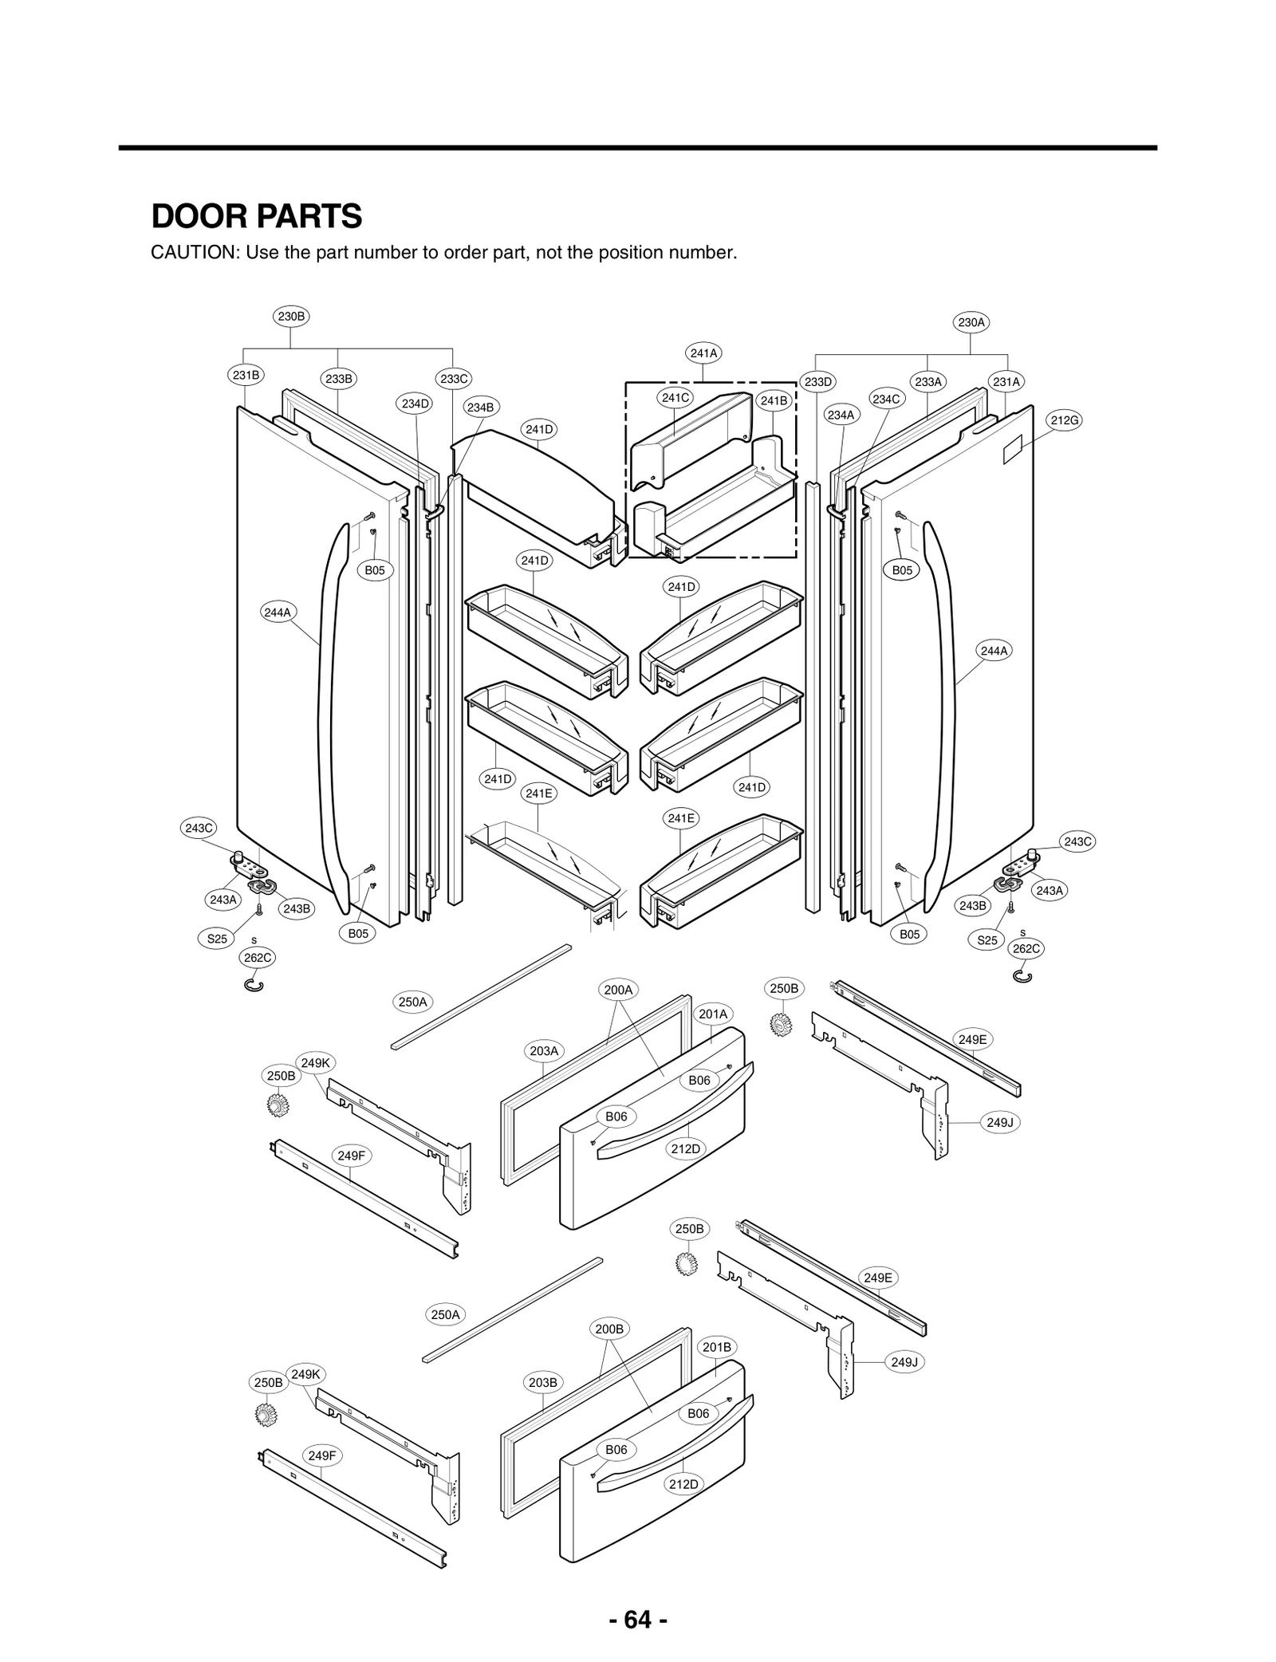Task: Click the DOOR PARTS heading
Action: pyautogui.click(x=256, y=216)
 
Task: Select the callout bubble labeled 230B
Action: pyautogui.click(x=290, y=316)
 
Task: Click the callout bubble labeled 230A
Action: pyautogui.click(x=971, y=322)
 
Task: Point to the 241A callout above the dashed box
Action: pyautogui.click(x=703, y=352)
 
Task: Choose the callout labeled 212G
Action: pyautogui.click(x=1065, y=420)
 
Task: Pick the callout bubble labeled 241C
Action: pyautogui.click(x=675, y=397)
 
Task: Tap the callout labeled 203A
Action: pyautogui.click(x=544, y=1051)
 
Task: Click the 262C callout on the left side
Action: pyautogui.click(x=257, y=956)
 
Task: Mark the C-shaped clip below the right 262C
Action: pyautogui.click(x=1023, y=976)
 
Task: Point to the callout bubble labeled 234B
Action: pyautogui.click(x=480, y=408)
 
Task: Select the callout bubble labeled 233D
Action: pyautogui.click(x=817, y=382)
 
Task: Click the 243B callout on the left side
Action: pyautogui.click(x=296, y=908)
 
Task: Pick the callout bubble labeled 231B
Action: pyautogui.click(x=246, y=375)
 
